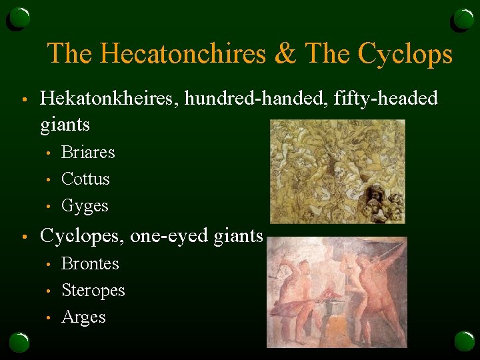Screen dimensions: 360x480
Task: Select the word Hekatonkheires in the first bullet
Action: click(109, 99)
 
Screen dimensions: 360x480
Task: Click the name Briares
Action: click(88, 153)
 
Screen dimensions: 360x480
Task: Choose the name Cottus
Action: click(85, 179)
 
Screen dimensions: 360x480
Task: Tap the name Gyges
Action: click(85, 206)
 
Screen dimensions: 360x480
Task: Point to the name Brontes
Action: click(90, 264)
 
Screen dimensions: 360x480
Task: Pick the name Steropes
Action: click(93, 291)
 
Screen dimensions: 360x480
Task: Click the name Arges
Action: click(83, 317)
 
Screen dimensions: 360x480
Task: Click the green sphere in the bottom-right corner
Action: click(464, 341)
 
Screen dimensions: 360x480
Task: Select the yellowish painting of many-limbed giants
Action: click(337, 171)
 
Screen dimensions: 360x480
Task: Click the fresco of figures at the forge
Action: click(337, 291)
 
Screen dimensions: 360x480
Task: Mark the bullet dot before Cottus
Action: click(48, 180)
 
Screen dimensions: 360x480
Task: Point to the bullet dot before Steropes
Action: click(48, 291)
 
